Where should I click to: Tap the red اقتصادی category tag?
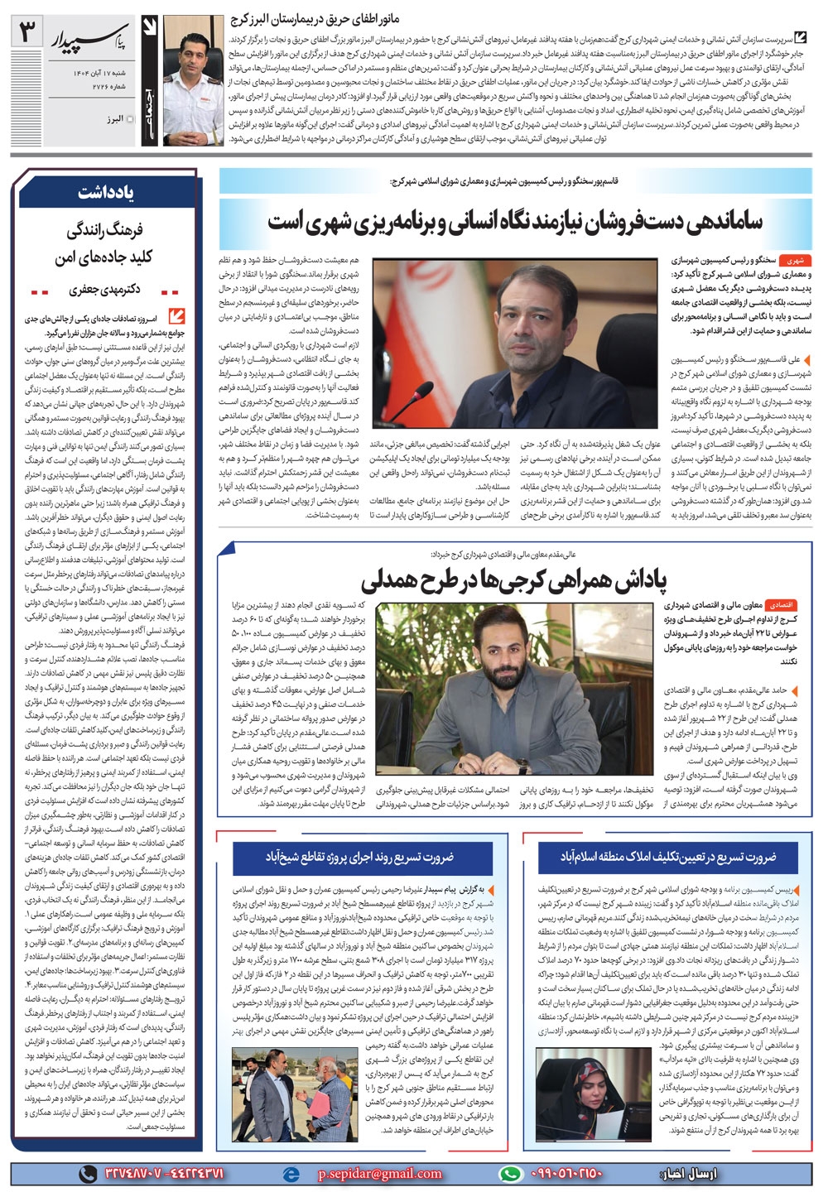tap(782, 605)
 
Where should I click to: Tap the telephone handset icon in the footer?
tap(86, 1173)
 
